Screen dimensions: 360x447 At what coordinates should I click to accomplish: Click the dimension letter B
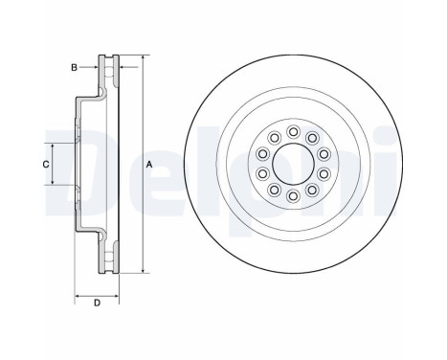pos(73,66)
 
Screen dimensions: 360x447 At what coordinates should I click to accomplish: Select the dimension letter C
pos(46,165)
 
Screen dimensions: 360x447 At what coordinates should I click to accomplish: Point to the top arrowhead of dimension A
pos(142,59)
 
